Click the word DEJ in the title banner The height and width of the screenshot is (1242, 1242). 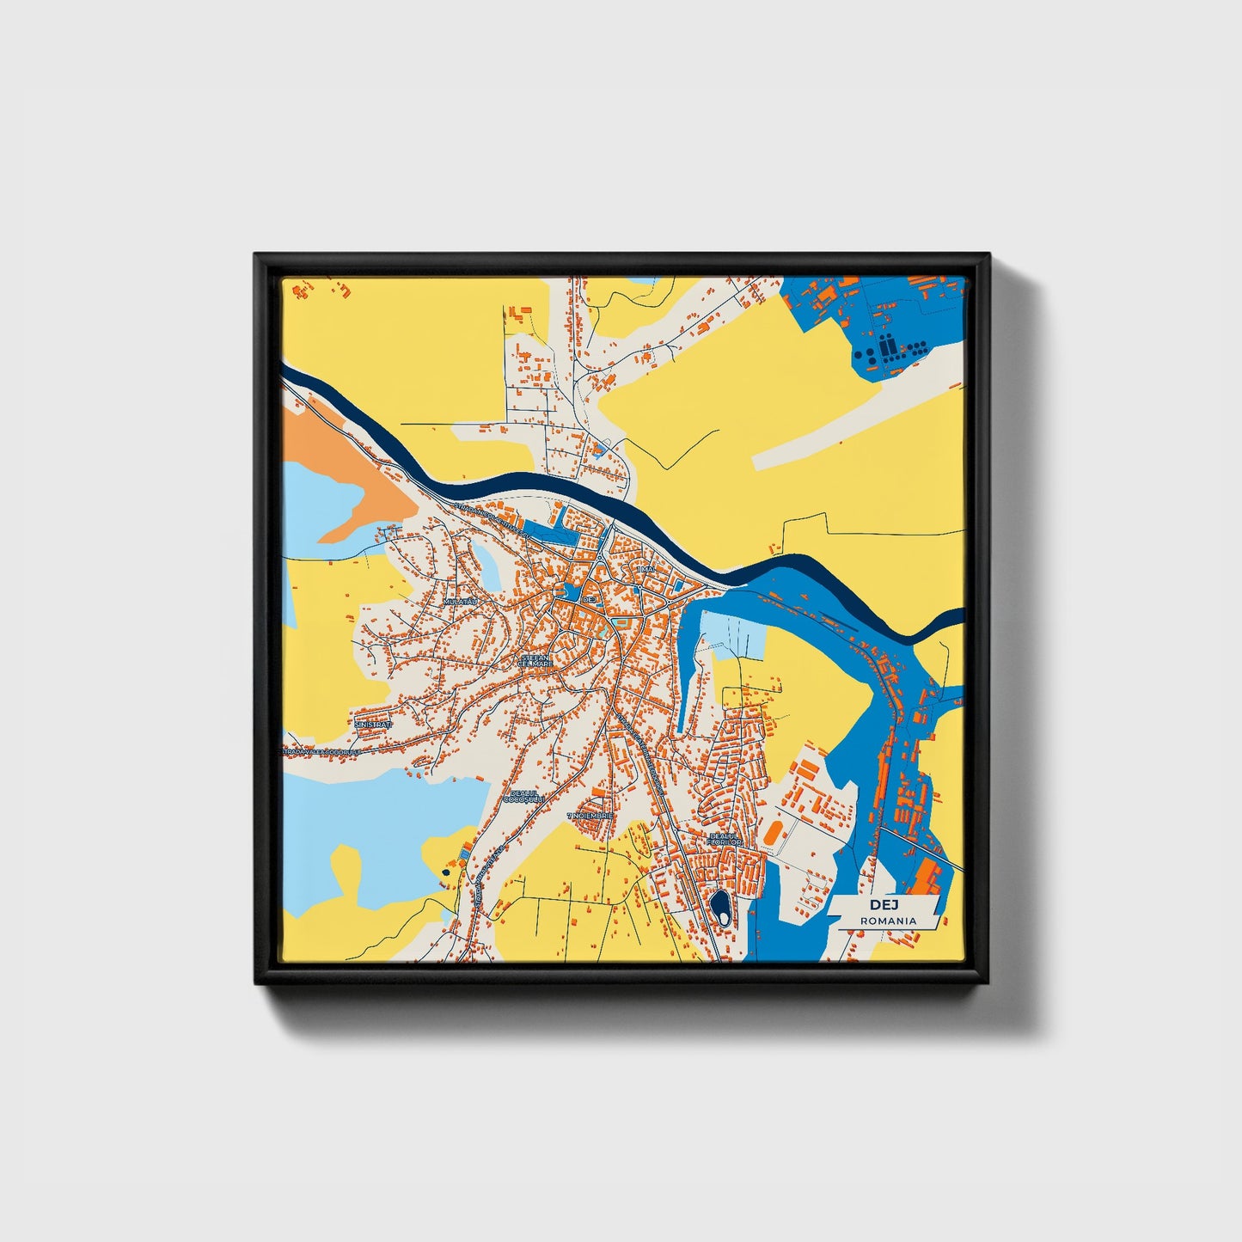click(882, 905)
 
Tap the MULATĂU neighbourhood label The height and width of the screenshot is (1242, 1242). click(460, 602)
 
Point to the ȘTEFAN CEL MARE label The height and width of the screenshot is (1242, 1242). click(536, 660)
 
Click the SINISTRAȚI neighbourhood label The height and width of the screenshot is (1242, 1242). click(373, 725)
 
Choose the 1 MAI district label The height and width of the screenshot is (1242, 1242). click(646, 569)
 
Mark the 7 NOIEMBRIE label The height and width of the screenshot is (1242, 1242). click(590, 814)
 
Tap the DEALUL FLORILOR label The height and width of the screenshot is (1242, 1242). click(724, 838)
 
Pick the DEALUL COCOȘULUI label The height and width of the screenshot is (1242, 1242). click(523, 796)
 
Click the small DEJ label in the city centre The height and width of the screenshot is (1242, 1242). click(589, 598)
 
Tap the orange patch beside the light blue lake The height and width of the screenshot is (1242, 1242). click(344, 481)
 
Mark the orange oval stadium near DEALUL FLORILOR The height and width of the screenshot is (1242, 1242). click(773, 833)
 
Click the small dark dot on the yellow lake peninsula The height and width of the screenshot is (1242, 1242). click(445, 872)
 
